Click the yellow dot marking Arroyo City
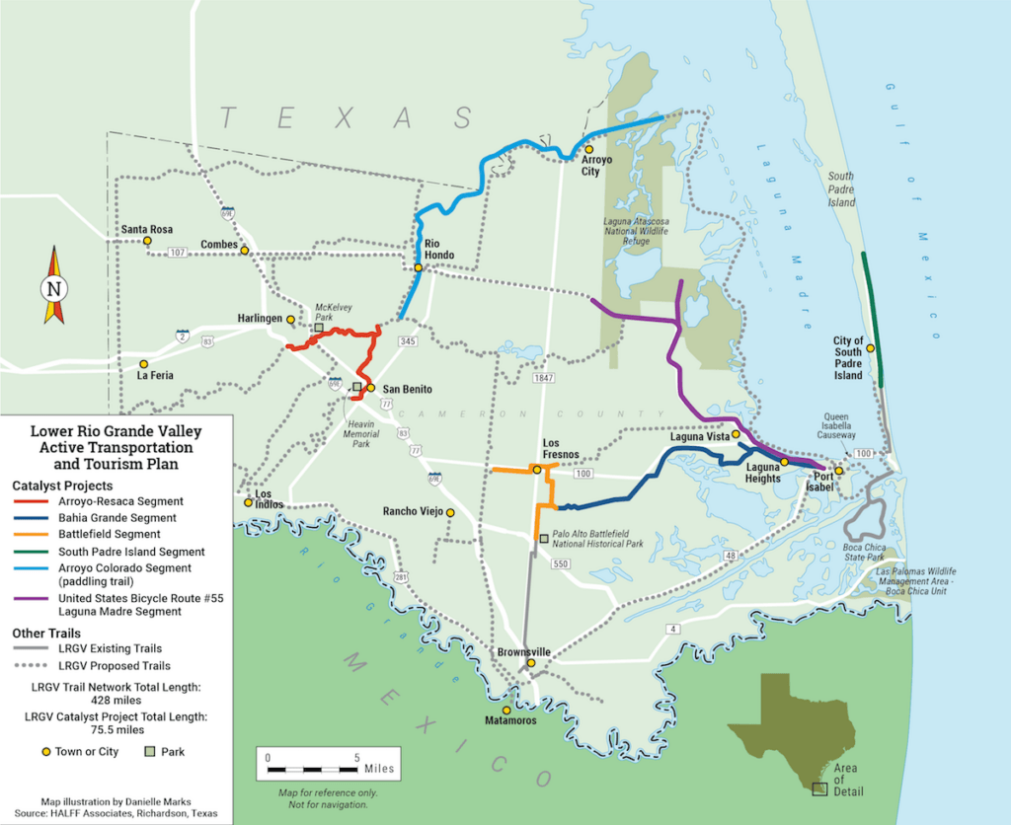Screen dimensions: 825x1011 point(587,149)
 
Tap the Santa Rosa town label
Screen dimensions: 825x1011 point(146,229)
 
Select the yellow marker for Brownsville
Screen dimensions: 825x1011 point(530,663)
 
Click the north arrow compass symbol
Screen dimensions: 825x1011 point(53,287)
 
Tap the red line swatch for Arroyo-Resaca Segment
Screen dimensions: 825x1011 point(38,502)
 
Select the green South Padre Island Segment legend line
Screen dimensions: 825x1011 point(38,553)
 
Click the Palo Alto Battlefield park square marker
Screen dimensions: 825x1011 point(544,539)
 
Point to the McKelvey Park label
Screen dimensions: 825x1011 point(334,312)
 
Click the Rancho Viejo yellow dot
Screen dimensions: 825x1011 point(450,512)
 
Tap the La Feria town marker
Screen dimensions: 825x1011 point(143,364)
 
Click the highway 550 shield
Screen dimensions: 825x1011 point(560,563)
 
